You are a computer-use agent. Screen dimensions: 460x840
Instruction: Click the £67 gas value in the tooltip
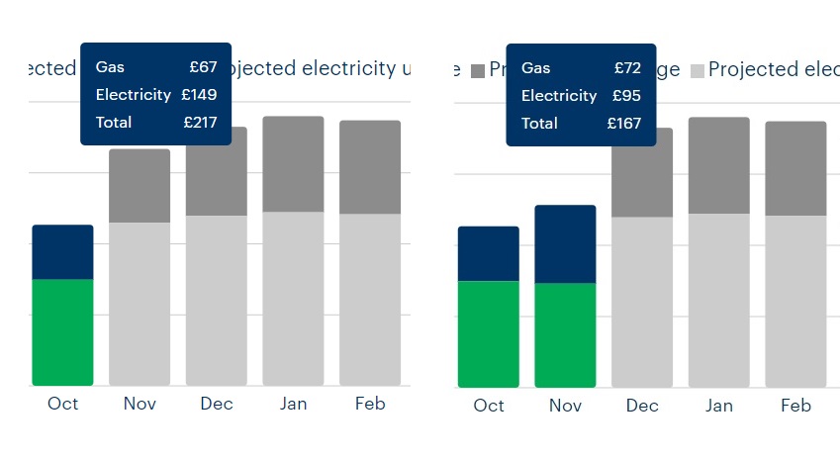coord(203,67)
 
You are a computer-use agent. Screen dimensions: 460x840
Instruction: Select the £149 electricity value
coord(199,95)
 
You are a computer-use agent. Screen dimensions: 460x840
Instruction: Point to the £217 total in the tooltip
coord(199,123)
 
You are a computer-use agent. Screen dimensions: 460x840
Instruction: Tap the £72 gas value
coord(627,68)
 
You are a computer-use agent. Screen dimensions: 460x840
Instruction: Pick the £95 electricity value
coord(627,96)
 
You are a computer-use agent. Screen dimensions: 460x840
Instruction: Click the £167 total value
coord(624,124)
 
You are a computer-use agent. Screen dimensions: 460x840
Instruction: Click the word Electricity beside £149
coord(134,95)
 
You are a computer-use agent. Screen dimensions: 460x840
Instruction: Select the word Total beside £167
coord(539,124)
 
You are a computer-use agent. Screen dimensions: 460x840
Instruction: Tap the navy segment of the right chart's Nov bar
coord(565,244)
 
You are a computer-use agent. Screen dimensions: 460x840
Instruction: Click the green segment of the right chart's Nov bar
coord(565,334)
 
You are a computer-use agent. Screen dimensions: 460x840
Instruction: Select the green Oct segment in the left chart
coord(62,331)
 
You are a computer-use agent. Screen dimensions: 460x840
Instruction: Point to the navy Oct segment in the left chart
coord(62,252)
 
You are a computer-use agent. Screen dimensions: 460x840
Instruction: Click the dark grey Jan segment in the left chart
coord(293,164)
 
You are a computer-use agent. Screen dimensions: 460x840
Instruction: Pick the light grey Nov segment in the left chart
coord(140,303)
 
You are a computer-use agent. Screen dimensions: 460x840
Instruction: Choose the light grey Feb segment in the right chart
coord(795,301)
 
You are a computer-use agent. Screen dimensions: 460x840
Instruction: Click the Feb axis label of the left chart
coord(370,404)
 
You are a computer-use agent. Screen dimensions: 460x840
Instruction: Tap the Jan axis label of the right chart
coord(719,406)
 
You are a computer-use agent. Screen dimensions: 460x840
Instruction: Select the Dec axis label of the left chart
coord(217,404)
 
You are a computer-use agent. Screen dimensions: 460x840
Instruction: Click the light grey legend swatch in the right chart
coord(698,70)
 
